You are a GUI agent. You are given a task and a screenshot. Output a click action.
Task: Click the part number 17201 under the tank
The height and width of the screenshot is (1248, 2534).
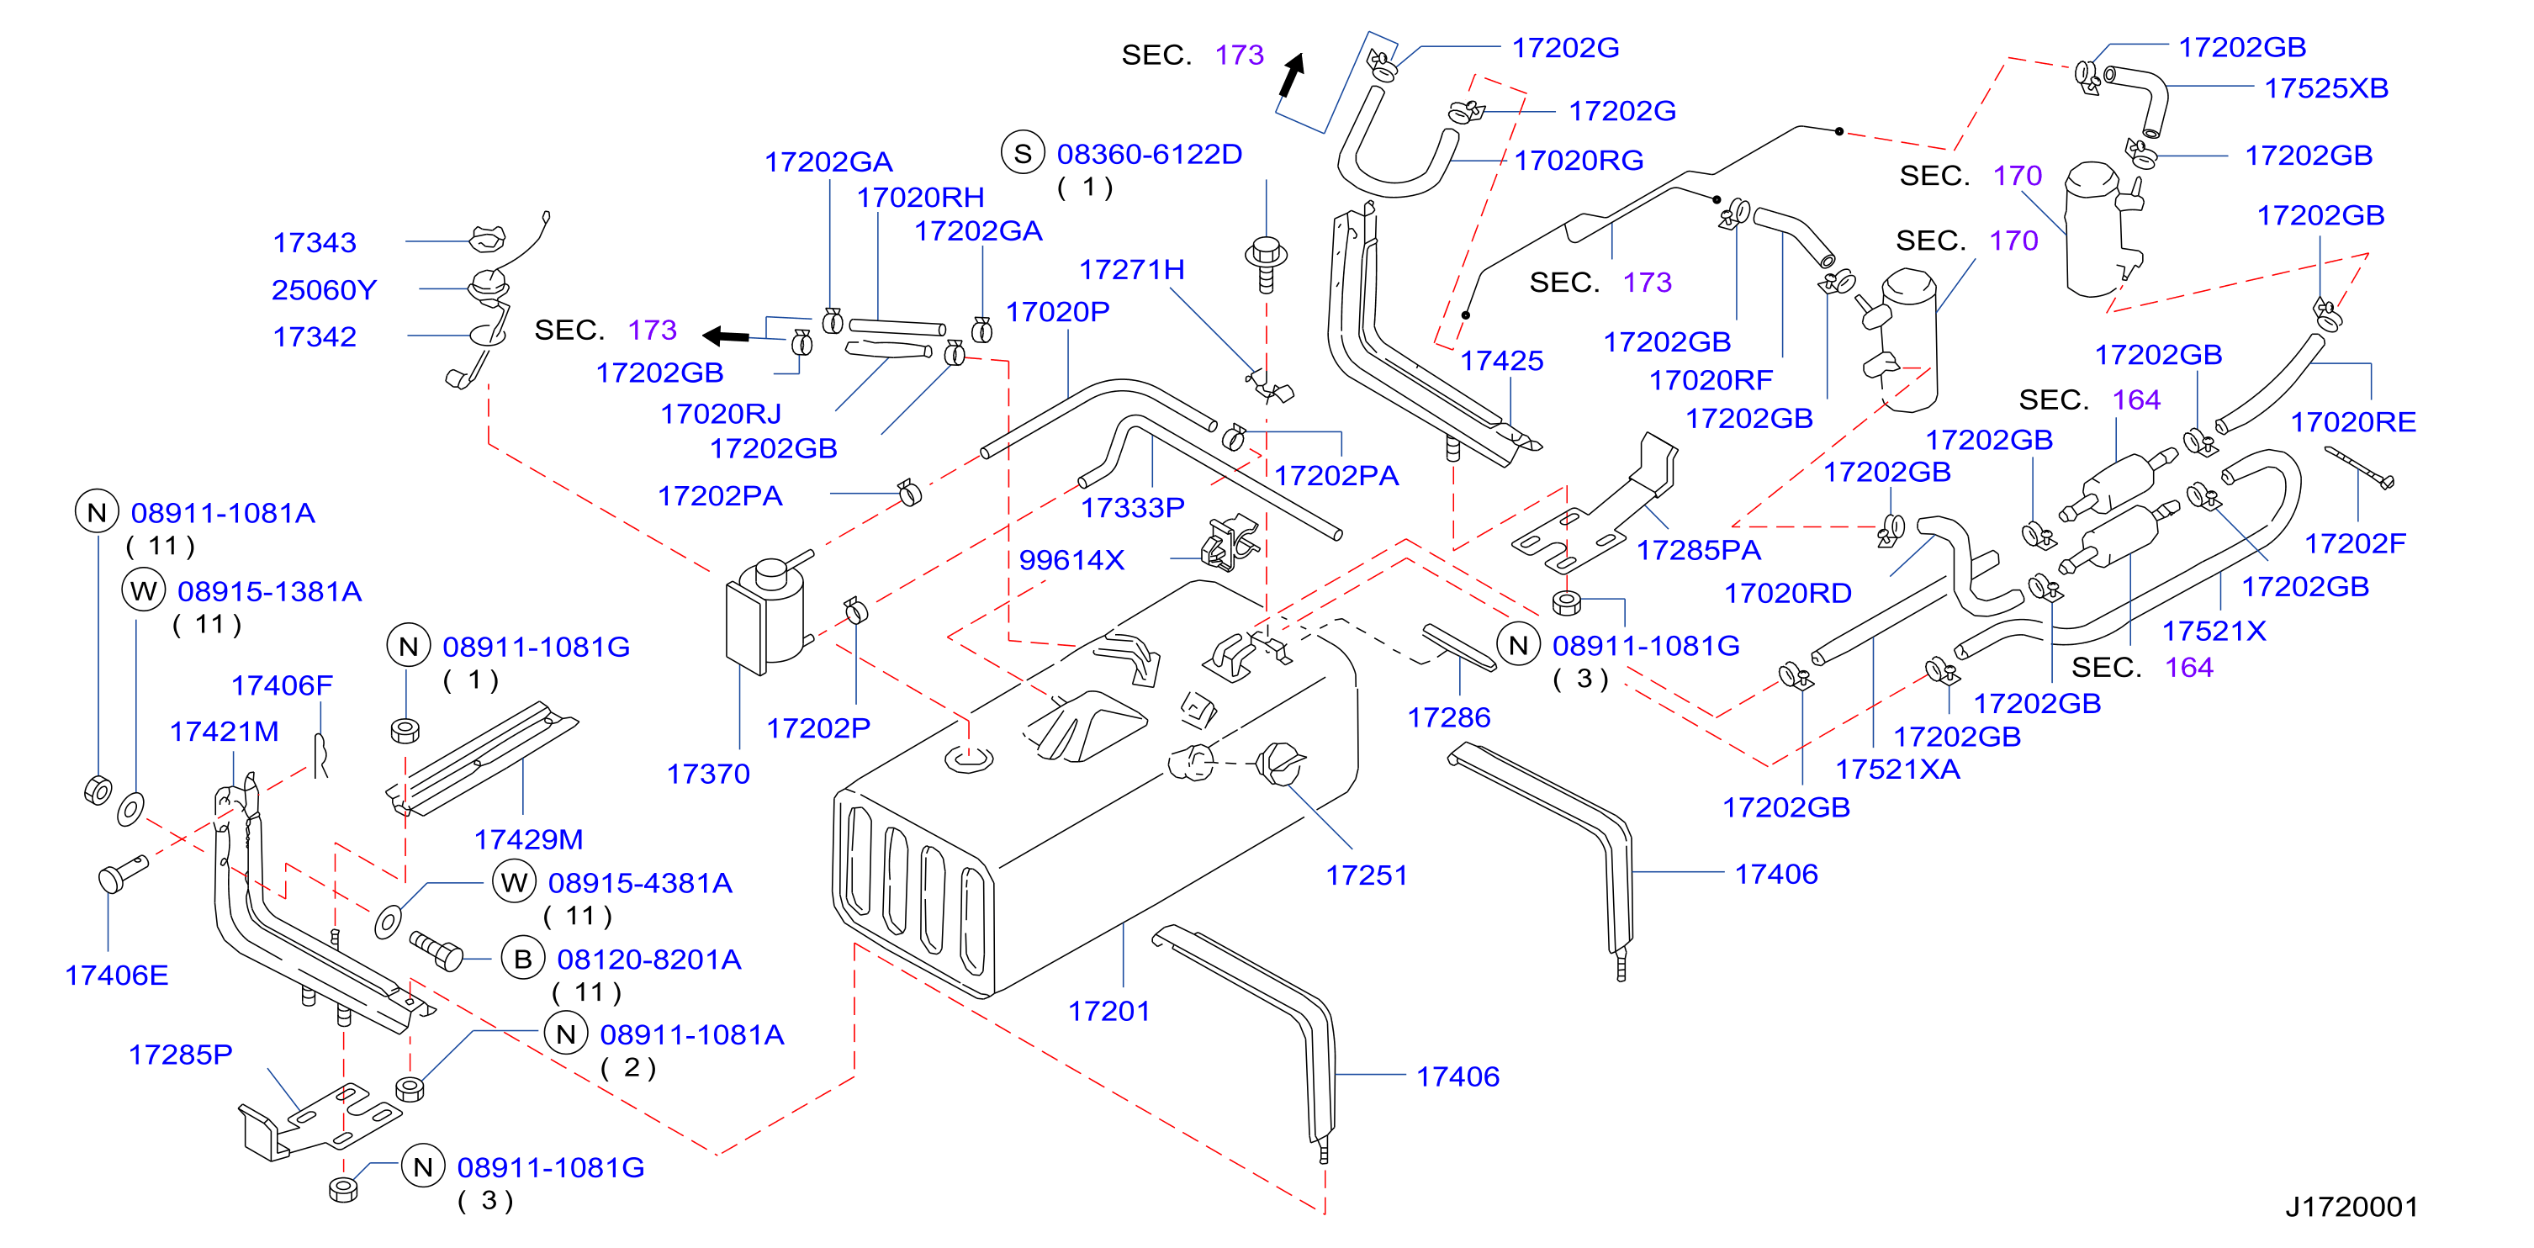1108,1011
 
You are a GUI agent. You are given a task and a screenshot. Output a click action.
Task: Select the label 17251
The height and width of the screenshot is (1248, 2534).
1367,875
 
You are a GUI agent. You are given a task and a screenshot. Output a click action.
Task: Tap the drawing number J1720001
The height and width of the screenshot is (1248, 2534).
2351,1207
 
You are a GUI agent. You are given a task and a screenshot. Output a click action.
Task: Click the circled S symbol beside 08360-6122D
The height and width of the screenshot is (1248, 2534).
1023,153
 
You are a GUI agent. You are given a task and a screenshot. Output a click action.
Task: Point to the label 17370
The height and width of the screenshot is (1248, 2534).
708,774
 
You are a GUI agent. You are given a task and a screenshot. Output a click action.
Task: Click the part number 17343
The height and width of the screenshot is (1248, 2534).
315,243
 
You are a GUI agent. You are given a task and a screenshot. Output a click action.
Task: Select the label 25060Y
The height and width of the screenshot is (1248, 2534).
325,290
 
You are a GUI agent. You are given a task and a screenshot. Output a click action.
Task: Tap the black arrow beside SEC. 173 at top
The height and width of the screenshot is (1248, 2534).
1292,75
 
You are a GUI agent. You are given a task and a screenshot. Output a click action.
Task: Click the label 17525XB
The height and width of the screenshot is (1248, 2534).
2326,88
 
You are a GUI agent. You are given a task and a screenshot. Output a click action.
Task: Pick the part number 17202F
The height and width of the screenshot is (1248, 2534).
2355,543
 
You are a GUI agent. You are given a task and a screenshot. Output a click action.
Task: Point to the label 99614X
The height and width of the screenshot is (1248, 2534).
1071,559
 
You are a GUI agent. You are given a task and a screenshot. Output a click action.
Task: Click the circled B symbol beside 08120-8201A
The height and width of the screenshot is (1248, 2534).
523,959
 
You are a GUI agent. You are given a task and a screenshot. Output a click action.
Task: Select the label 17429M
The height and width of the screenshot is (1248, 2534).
528,839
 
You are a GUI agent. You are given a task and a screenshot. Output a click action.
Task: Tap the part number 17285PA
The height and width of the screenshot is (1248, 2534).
1699,550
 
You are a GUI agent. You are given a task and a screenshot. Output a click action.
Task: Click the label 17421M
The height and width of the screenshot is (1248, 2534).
225,732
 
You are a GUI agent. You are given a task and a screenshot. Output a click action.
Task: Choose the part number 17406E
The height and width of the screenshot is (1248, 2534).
116,976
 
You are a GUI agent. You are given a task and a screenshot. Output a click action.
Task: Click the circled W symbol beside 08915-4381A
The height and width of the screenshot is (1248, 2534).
515,882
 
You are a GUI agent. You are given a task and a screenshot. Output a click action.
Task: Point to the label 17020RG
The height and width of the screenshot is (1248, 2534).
1579,161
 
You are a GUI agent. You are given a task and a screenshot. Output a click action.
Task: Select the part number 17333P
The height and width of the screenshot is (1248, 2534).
1133,507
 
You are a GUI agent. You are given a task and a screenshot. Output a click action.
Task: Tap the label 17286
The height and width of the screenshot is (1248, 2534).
1449,718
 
